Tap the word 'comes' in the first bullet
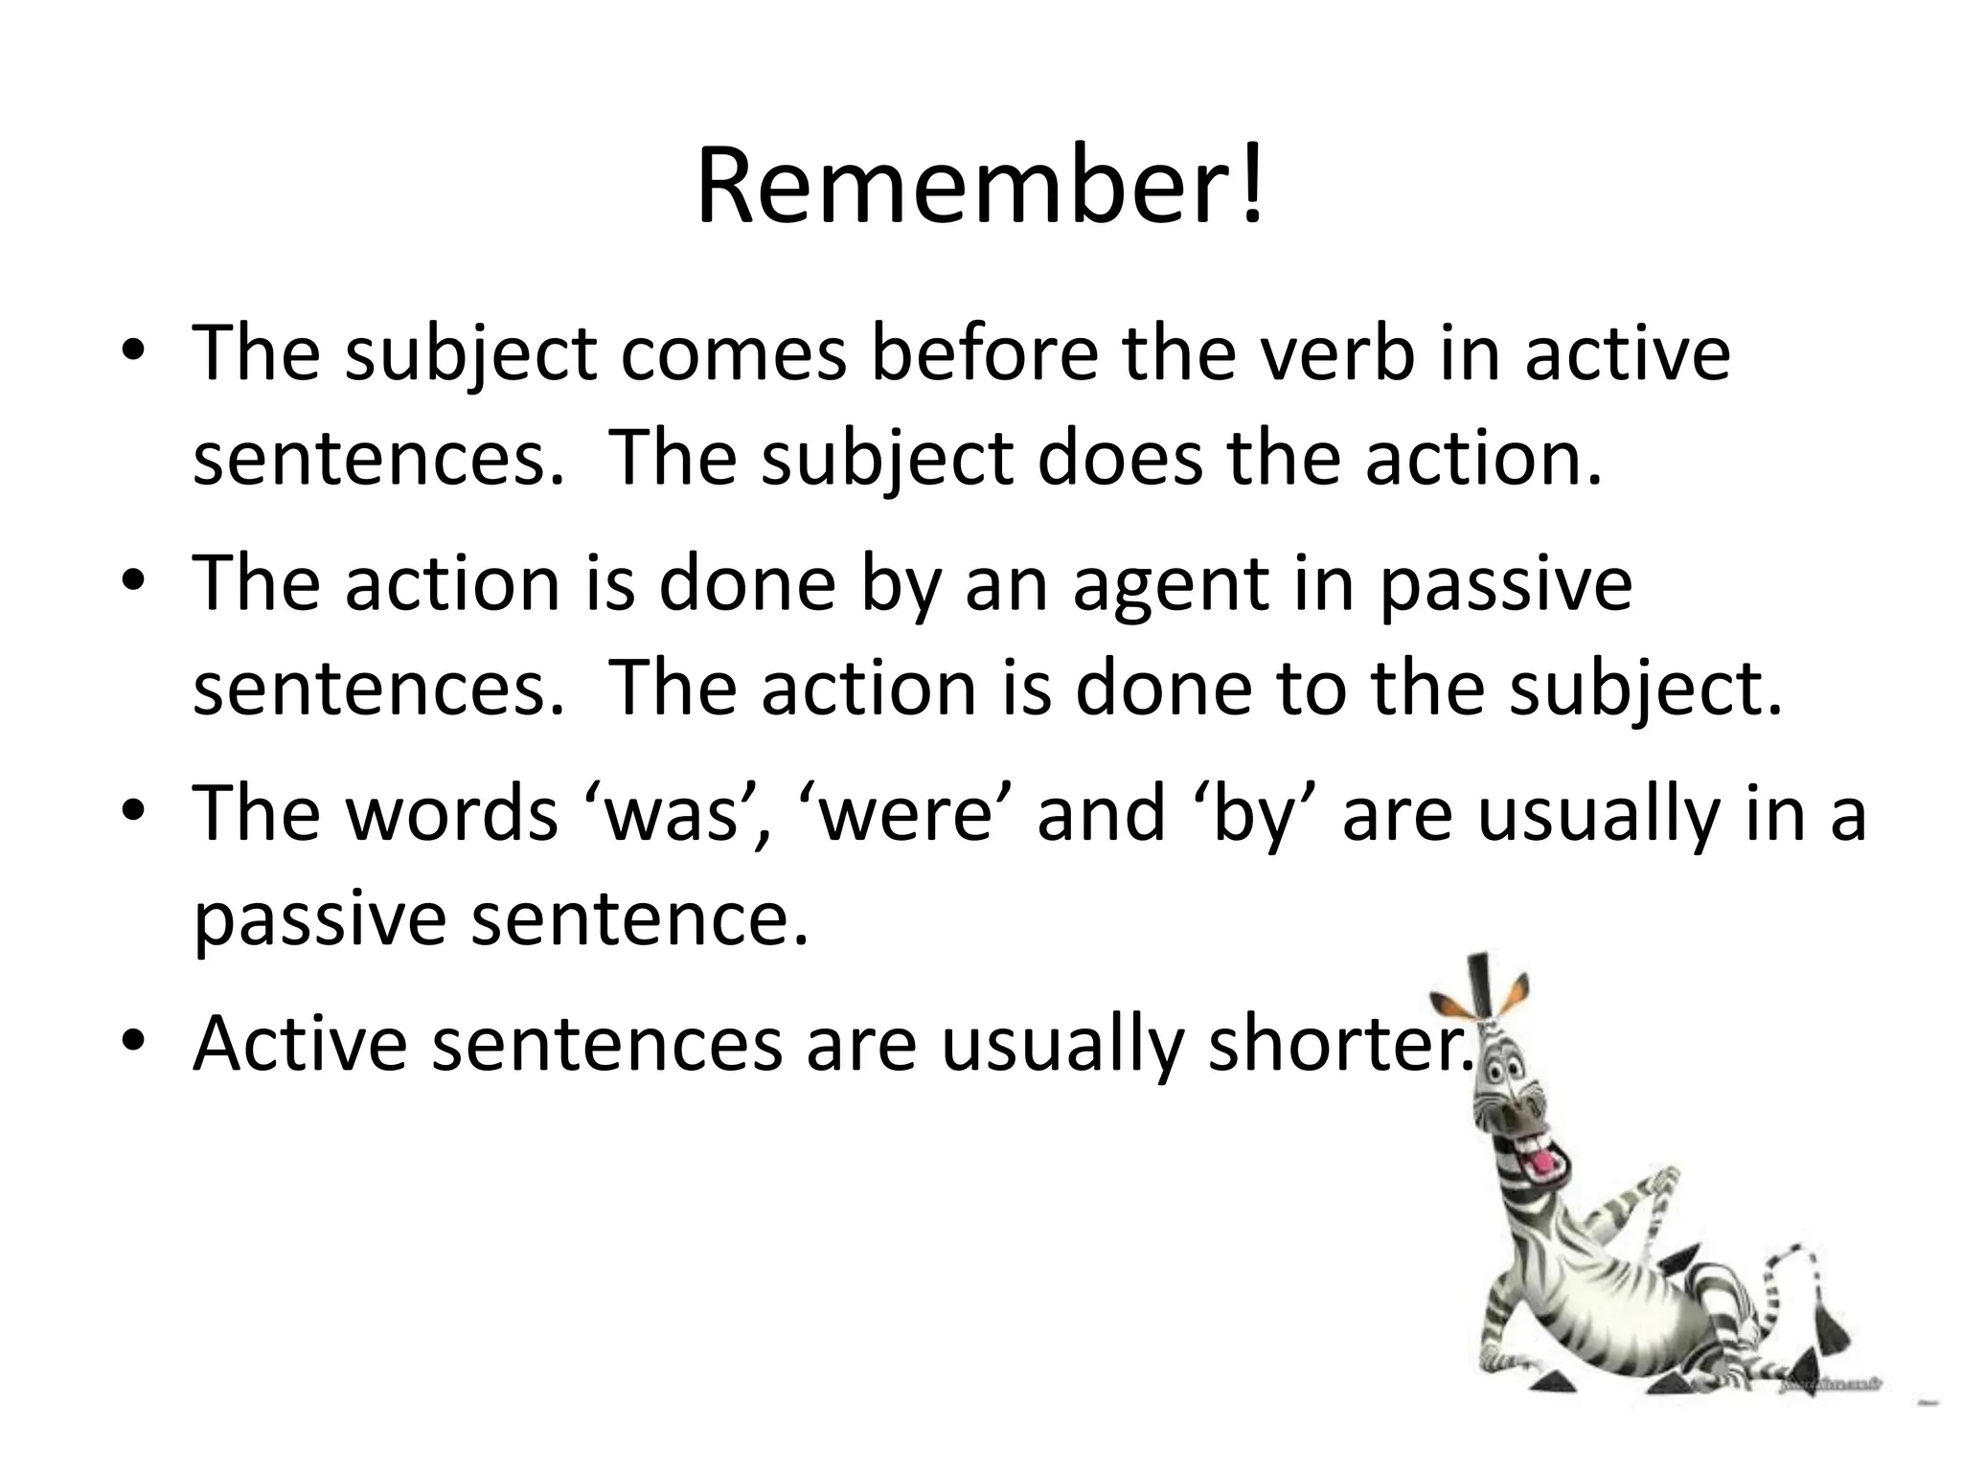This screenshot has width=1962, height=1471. pyautogui.click(x=734, y=353)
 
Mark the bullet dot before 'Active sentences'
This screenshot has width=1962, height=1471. pyautogui.click(x=133, y=1040)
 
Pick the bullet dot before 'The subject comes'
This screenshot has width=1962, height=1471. pyautogui.click(x=133, y=350)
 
